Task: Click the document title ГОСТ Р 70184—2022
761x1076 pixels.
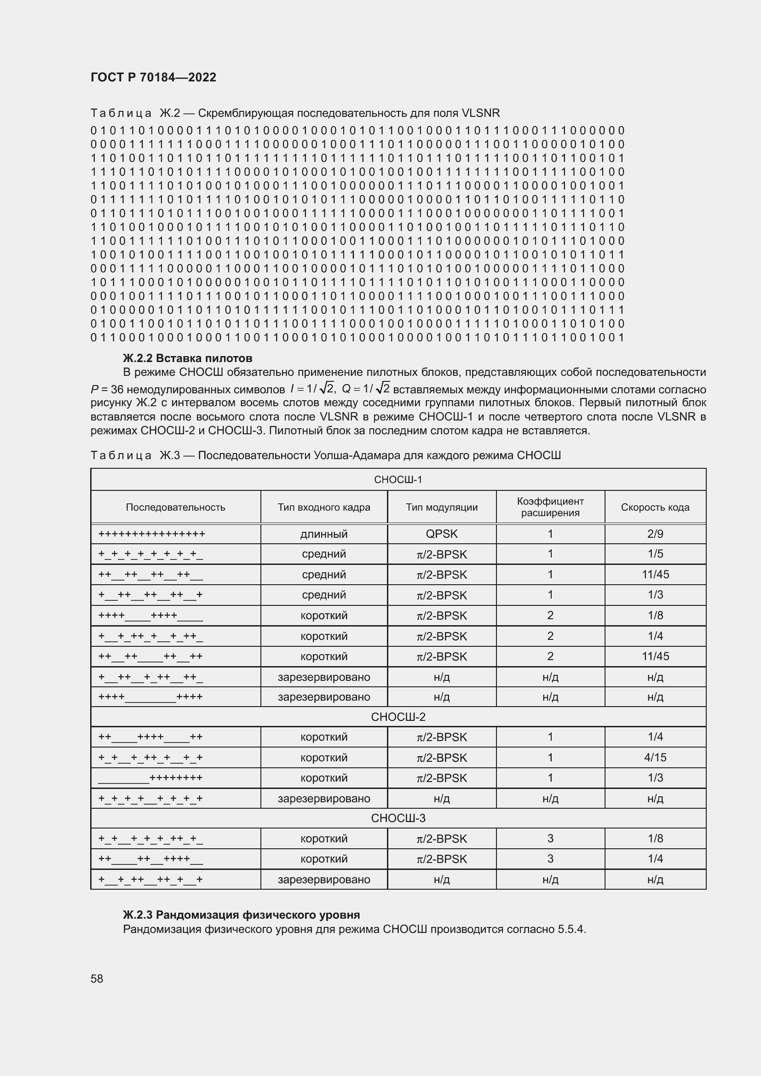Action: [x=153, y=77]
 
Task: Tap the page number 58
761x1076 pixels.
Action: [x=97, y=978]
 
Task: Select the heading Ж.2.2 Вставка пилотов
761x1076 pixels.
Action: [x=187, y=358]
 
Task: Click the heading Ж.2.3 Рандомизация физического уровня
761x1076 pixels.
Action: [x=242, y=915]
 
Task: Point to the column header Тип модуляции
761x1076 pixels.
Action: [x=441, y=507]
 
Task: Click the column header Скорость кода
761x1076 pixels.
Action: [x=655, y=507]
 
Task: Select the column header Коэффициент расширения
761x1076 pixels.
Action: [x=550, y=507]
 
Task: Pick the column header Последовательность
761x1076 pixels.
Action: [x=175, y=507]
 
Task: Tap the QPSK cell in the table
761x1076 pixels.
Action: [x=441, y=534]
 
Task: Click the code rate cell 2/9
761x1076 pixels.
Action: [x=655, y=534]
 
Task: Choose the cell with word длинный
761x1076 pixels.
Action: [x=324, y=534]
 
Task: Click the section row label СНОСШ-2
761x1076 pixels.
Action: [x=398, y=717]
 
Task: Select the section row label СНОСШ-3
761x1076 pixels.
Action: [x=398, y=818]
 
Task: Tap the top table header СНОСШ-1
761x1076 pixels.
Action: [x=398, y=479]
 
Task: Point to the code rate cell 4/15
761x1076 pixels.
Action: [x=655, y=757]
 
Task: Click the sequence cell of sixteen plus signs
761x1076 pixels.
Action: [x=152, y=534]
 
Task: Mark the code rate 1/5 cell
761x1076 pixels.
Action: [x=655, y=554]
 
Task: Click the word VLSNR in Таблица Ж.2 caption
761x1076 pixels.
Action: [x=480, y=113]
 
